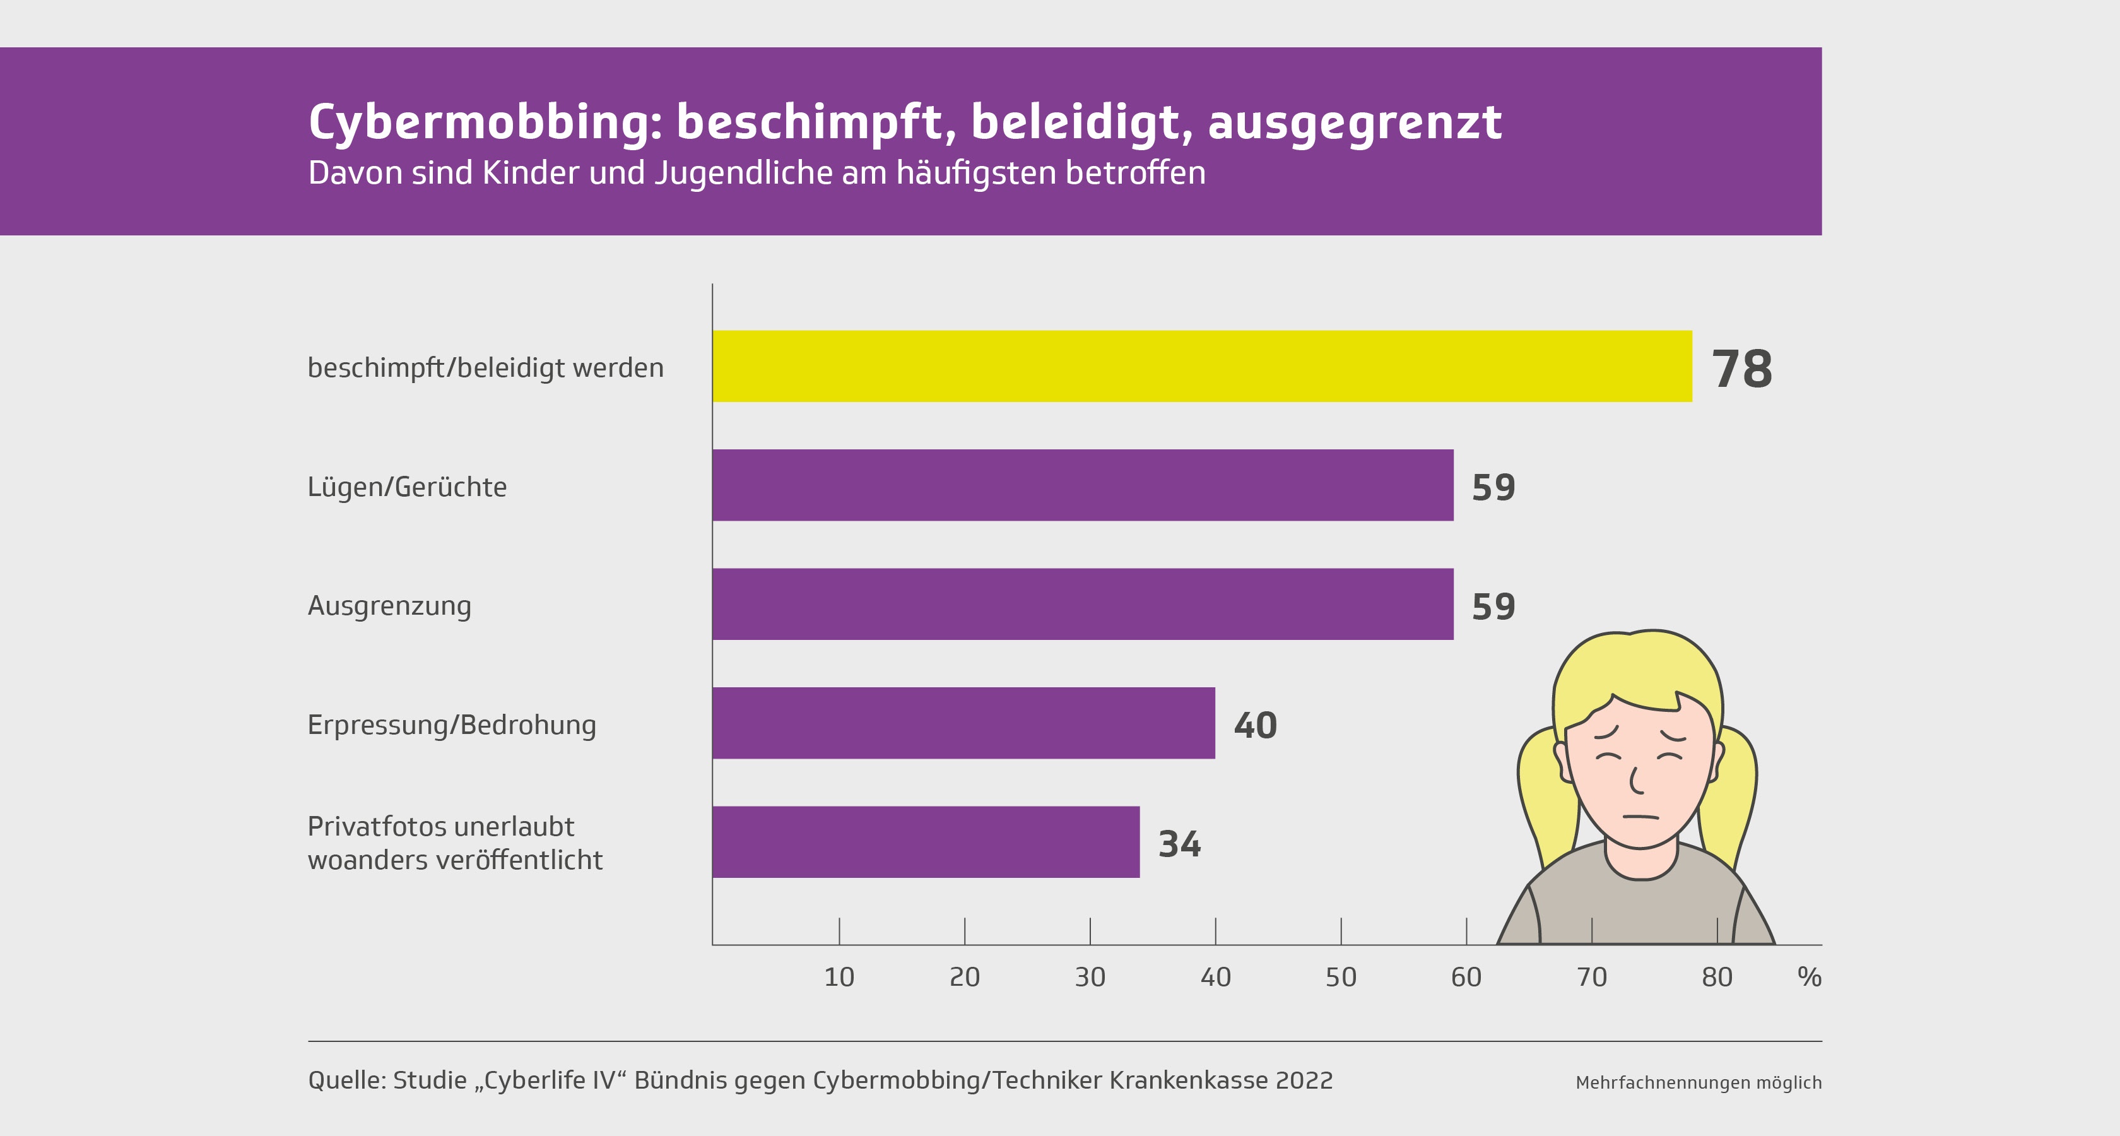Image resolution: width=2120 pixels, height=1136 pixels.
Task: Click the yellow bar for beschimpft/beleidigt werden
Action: pyautogui.click(x=1201, y=366)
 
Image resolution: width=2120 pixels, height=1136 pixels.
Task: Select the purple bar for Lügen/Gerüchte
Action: pyautogui.click(x=1082, y=485)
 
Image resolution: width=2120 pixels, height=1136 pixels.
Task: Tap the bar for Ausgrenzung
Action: pyautogui.click(x=1082, y=603)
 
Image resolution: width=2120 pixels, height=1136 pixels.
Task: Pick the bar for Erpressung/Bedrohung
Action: pyautogui.click(x=963, y=723)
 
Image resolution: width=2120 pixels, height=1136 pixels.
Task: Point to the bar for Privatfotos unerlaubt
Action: pyautogui.click(x=926, y=841)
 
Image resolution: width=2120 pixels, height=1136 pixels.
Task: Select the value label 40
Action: pyautogui.click(x=1255, y=725)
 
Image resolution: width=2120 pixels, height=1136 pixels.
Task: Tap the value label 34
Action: pyautogui.click(x=1179, y=844)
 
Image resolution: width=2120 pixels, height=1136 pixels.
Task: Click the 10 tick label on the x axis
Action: pyautogui.click(x=839, y=977)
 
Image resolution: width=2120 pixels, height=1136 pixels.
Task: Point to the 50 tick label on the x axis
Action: pyautogui.click(x=1341, y=977)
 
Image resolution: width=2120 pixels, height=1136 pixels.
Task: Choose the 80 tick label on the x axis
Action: pyautogui.click(x=1717, y=977)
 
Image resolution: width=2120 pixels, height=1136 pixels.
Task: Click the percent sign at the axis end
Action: pyautogui.click(x=1809, y=977)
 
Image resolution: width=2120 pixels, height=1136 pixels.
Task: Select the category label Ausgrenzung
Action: pyautogui.click(x=389, y=606)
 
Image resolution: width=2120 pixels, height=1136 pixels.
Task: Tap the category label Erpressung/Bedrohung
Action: pyautogui.click(x=451, y=725)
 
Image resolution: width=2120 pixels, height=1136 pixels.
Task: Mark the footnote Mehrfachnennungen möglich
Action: pyautogui.click(x=1698, y=1082)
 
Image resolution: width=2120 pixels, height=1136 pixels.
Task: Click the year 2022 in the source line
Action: pyautogui.click(x=1304, y=1080)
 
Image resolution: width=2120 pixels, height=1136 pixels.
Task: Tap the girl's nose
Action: pyautogui.click(x=1635, y=781)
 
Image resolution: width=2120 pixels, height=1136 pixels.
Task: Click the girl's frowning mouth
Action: pyautogui.click(x=1640, y=817)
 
